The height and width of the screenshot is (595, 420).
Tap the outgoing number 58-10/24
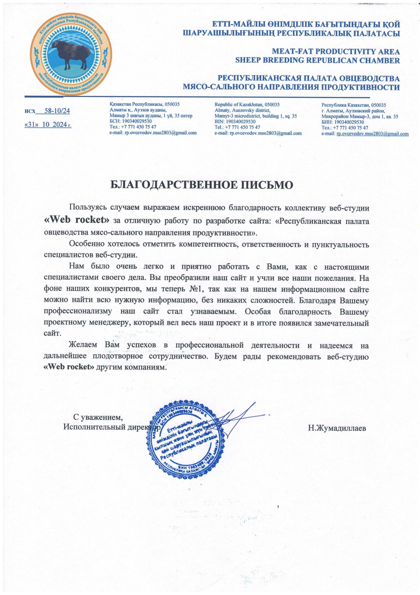[57, 111]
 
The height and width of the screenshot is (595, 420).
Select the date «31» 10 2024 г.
[48, 125]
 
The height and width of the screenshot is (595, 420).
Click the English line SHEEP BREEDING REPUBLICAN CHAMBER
[317, 60]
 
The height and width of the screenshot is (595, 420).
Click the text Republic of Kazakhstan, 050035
[247, 105]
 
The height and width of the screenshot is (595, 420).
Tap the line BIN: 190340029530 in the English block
[235, 122]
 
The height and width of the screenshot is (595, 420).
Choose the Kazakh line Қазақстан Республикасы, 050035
[144, 104]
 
